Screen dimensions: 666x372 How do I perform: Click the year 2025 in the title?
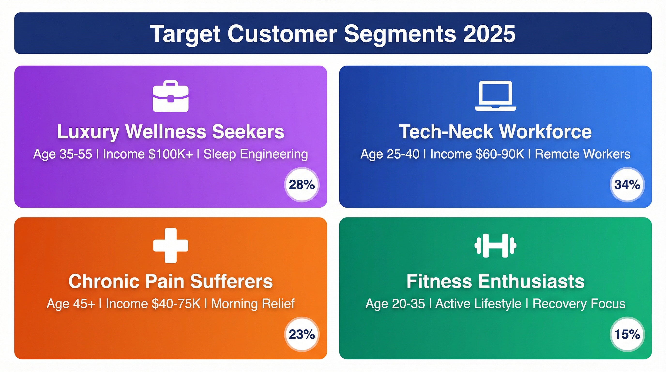pos(489,34)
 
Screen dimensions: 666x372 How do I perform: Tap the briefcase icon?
pos(171,96)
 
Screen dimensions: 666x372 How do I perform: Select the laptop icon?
pos(495,96)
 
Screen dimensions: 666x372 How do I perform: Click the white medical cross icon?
pos(171,246)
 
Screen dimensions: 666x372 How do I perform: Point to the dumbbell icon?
pos(495,246)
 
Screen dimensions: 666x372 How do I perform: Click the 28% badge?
pos(302,185)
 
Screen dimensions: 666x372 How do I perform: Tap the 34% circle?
pos(627,185)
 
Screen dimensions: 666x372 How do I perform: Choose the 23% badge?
pos(302,334)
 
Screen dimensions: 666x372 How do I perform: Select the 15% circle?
pos(627,334)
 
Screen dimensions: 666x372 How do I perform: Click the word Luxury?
pos(88,132)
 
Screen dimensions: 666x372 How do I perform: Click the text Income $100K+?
pos(148,154)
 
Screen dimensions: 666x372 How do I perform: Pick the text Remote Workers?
pos(583,154)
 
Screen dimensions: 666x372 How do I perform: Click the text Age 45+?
pos(71,304)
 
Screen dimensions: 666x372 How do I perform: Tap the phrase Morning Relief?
pos(253,304)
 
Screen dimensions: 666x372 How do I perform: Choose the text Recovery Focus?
pos(579,304)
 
